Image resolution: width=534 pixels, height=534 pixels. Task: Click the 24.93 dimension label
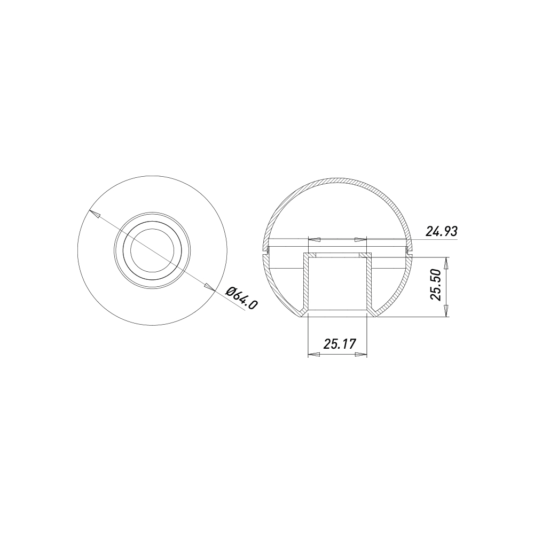click(441, 231)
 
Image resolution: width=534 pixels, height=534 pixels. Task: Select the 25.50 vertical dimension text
click(436, 285)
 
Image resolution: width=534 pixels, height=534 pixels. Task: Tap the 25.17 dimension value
click(340, 344)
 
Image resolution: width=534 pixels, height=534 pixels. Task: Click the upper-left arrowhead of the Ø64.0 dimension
click(95, 214)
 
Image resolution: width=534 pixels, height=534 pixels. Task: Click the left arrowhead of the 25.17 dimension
click(315, 355)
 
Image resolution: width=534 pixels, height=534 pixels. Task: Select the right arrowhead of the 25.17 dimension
click(360, 355)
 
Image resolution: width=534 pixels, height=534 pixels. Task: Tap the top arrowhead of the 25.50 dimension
click(446, 264)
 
